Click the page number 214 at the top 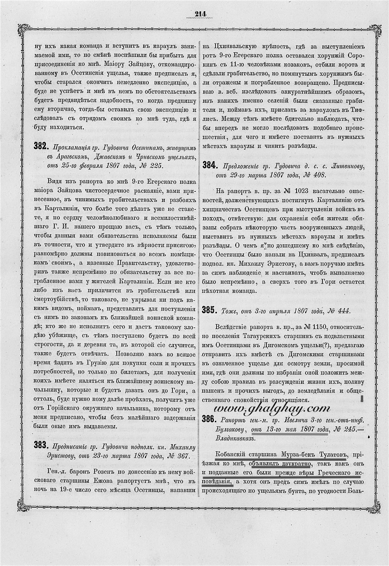tap(201, 14)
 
